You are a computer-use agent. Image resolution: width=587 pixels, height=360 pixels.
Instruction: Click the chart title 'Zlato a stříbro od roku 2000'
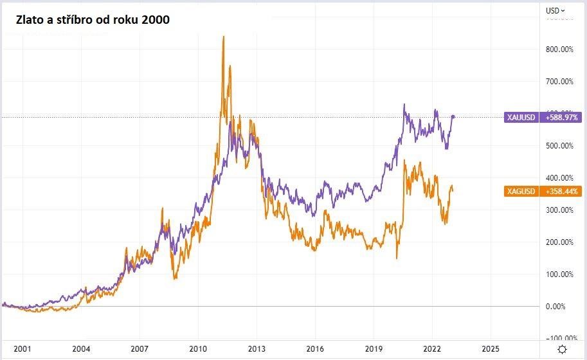click(x=89, y=20)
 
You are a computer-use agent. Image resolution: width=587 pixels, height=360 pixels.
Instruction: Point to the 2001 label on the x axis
click(x=22, y=348)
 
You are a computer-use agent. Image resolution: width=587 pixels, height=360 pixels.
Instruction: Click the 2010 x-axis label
click(x=198, y=348)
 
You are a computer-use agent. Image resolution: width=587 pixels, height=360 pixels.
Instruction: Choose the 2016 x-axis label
click(x=315, y=348)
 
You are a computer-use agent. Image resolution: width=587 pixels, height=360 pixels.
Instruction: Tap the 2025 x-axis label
click(x=491, y=348)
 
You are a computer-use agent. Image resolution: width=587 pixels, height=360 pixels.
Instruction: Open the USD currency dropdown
click(x=555, y=10)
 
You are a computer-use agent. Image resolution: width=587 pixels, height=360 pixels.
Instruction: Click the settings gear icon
click(x=563, y=348)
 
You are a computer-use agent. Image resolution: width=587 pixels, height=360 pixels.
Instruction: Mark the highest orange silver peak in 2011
click(x=223, y=37)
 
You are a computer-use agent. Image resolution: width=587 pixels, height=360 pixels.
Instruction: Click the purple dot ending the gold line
click(x=453, y=116)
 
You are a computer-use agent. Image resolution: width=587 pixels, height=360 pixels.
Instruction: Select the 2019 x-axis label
click(x=374, y=348)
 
